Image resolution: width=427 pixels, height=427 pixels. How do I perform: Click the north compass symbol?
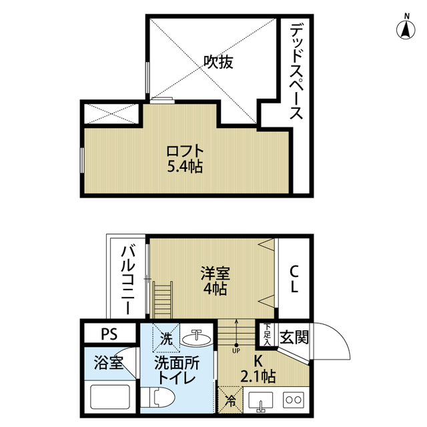click(406, 28)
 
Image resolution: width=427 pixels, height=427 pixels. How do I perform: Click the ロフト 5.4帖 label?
click(185, 158)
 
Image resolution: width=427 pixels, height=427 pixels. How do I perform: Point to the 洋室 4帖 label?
click(215, 281)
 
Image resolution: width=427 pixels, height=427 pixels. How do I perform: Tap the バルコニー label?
click(127, 279)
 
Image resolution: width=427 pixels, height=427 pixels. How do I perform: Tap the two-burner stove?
click(294, 399)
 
